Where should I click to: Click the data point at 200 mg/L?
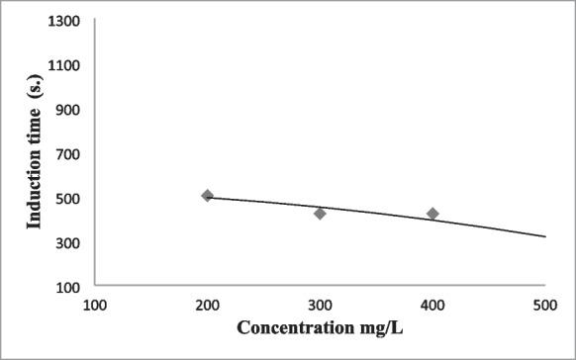[x=207, y=196]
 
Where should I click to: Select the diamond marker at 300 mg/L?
[x=320, y=214]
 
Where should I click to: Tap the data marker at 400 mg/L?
[x=432, y=214]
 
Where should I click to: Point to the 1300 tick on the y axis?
[x=67, y=21]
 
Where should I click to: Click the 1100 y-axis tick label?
[x=67, y=65]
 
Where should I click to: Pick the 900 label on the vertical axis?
[x=70, y=110]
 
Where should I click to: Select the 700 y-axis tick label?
[x=70, y=154]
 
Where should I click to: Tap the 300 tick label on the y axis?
[x=70, y=242]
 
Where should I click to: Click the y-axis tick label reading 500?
[x=70, y=198]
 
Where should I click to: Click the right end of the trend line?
[x=544, y=236]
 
